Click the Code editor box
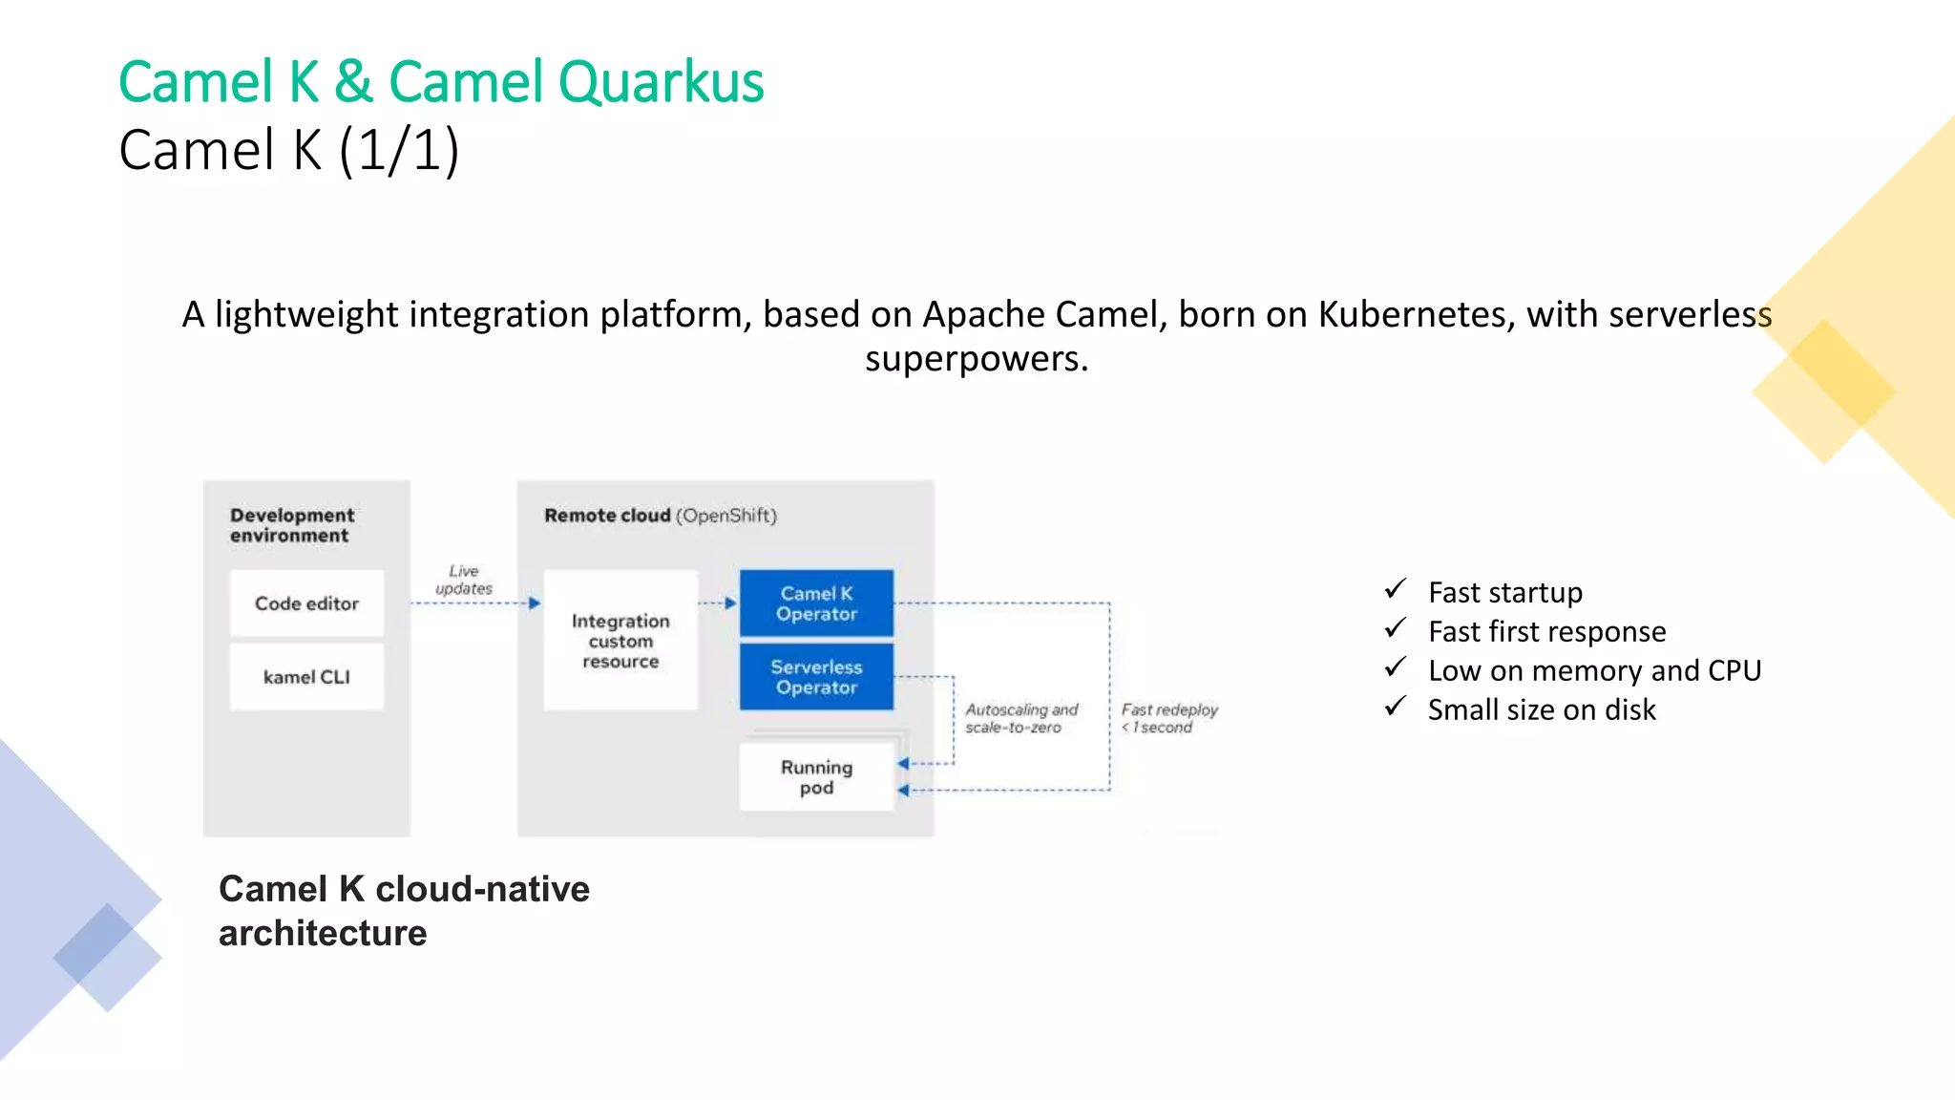tap(306, 603)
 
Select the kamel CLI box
tap(306, 677)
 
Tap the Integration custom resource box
tap(620, 641)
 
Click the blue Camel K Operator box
tap(816, 603)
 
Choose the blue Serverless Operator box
tap(816, 677)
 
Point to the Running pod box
tap(816, 777)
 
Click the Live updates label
tap(464, 580)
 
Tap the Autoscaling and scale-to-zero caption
tap(1020, 718)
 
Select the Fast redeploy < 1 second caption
tap(1168, 718)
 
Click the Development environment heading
tap(291, 525)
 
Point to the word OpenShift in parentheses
tap(726, 516)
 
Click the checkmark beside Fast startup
tap(1395, 589)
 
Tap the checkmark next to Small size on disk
tap(1395, 707)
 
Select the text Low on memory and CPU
tap(1594, 671)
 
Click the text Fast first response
tap(1546, 632)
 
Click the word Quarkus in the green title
tap(661, 82)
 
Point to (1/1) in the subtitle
tap(399, 151)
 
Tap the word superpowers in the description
tap(976, 360)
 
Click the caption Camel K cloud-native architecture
tap(404, 910)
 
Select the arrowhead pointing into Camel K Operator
tap(731, 603)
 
